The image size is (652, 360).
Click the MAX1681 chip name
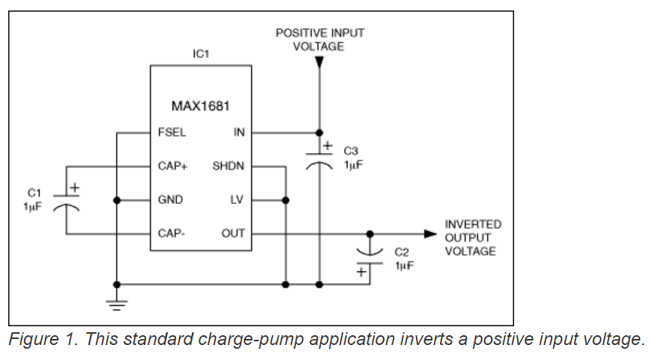(x=200, y=105)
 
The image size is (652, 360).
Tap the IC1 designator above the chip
(x=200, y=54)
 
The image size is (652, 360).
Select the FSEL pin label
(x=172, y=133)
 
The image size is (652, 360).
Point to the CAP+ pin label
(x=173, y=166)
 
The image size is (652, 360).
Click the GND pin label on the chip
(x=170, y=200)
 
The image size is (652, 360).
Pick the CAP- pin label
(x=172, y=233)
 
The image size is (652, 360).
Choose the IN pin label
(x=239, y=133)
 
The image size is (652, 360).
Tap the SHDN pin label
(x=229, y=166)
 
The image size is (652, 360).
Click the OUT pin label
(x=233, y=233)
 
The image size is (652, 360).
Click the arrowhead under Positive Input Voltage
(x=320, y=63)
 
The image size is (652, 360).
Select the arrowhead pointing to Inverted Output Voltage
(x=430, y=234)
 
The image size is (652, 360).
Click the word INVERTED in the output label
(x=473, y=224)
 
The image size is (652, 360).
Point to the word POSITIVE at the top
(x=298, y=33)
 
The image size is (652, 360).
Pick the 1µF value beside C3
(x=353, y=164)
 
